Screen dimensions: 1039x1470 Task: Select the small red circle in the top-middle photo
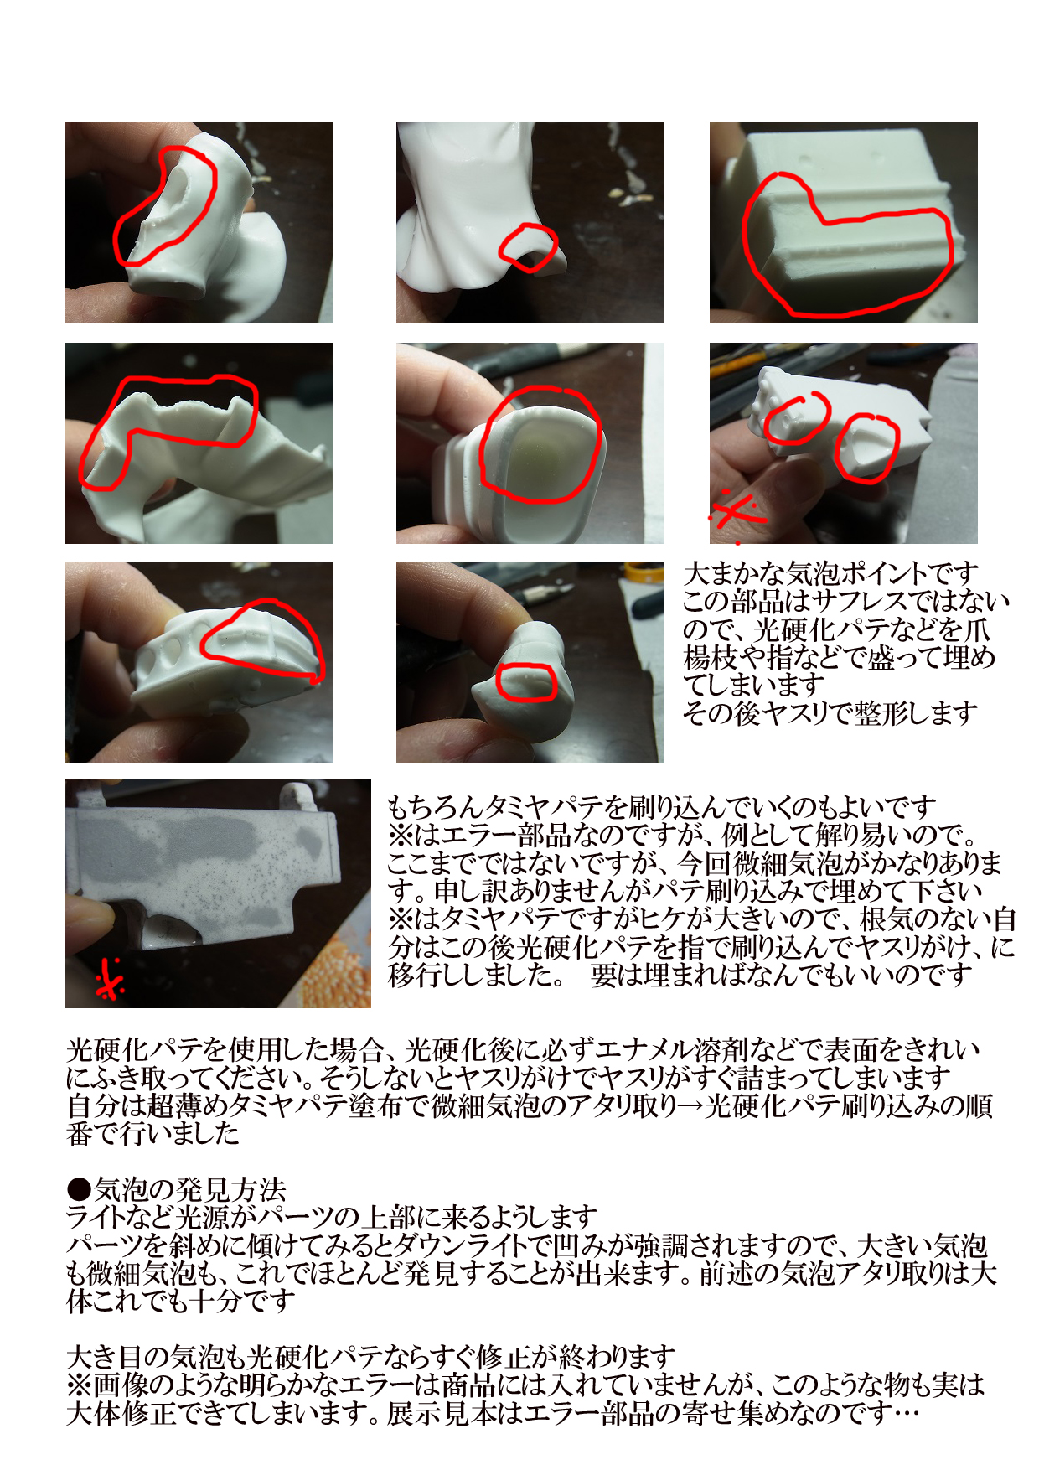click(528, 248)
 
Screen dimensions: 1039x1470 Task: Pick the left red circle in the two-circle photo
click(797, 418)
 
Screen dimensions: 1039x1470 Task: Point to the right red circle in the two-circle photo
click(867, 448)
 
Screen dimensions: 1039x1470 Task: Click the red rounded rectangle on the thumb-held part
click(525, 682)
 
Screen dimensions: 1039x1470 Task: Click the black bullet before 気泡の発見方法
click(79, 1189)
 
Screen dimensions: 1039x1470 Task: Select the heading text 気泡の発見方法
click(190, 1189)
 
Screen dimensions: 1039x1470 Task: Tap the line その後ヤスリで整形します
click(830, 713)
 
